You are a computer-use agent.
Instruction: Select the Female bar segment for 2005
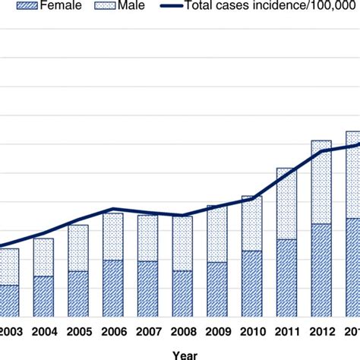[78, 294]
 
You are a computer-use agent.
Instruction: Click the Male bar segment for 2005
[78, 248]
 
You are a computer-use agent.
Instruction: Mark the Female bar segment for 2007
[148, 289]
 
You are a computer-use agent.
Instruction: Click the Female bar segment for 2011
[286, 278]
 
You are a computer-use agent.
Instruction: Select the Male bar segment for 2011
[286, 204]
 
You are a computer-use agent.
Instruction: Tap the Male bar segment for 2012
[321, 182]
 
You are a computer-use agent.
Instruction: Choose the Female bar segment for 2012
[321, 270]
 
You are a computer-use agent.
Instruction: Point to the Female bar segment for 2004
[44, 296]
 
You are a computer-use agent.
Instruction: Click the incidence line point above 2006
[113, 209]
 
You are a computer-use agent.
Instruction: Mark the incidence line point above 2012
[321, 151]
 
